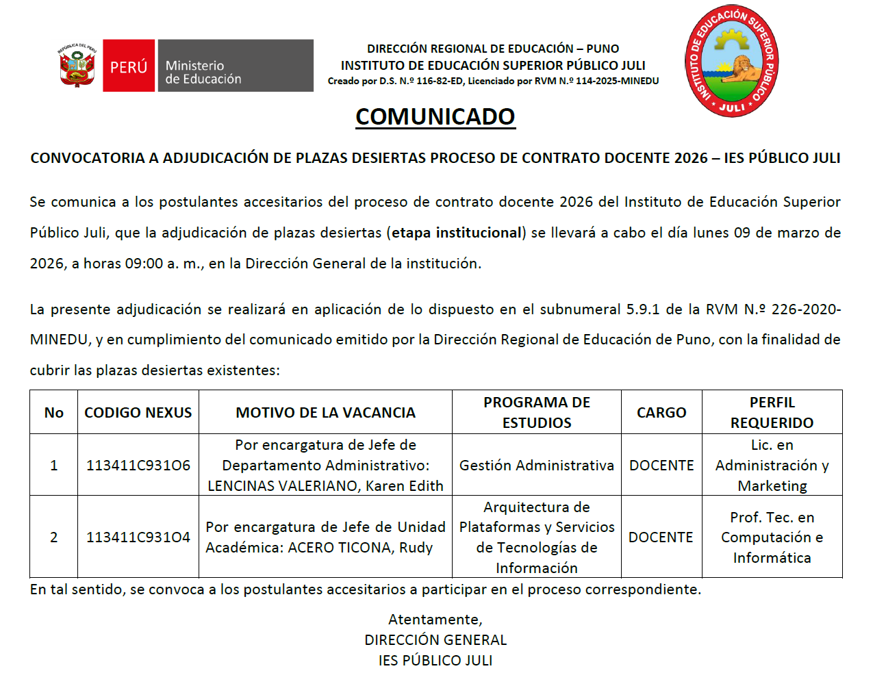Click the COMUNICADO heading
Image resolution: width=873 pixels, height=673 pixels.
click(x=435, y=116)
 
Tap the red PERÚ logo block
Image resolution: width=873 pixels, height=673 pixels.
click(x=129, y=66)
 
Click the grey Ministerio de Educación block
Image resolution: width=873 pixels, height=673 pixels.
click(x=236, y=66)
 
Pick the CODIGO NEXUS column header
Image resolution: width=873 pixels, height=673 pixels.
click(x=138, y=413)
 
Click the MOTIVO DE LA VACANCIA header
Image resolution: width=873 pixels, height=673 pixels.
click(x=325, y=413)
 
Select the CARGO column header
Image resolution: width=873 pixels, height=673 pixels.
click(x=661, y=413)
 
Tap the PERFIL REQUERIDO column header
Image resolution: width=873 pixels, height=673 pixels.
click(x=772, y=413)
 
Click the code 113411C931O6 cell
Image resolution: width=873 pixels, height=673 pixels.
click(x=138, y=466)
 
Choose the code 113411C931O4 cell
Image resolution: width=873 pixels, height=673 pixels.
click(x=138, y=537)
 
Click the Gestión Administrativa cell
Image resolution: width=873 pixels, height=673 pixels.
click(x=536, y=466)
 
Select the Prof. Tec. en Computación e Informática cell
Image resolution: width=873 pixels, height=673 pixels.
click(x=772, y=537)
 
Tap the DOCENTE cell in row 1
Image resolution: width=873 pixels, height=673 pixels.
click(x=661, y=466)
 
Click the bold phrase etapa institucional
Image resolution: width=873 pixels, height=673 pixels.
click(x=457, y=233)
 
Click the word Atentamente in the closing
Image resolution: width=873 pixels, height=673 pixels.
click(x=435, y=620)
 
